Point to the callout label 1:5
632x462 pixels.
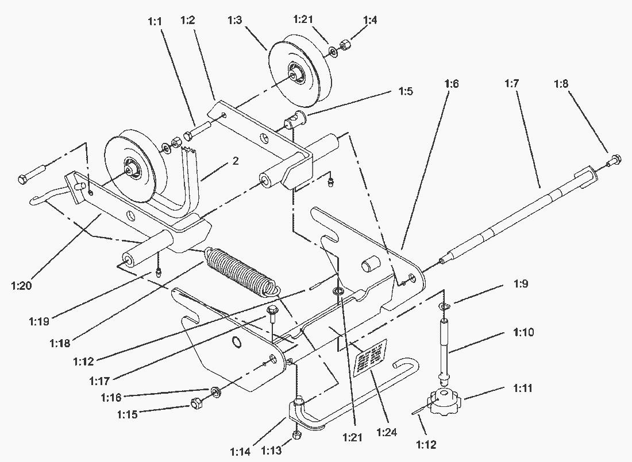click(x=405, y=91)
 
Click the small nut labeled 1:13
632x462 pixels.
click(x=297, y=436)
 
